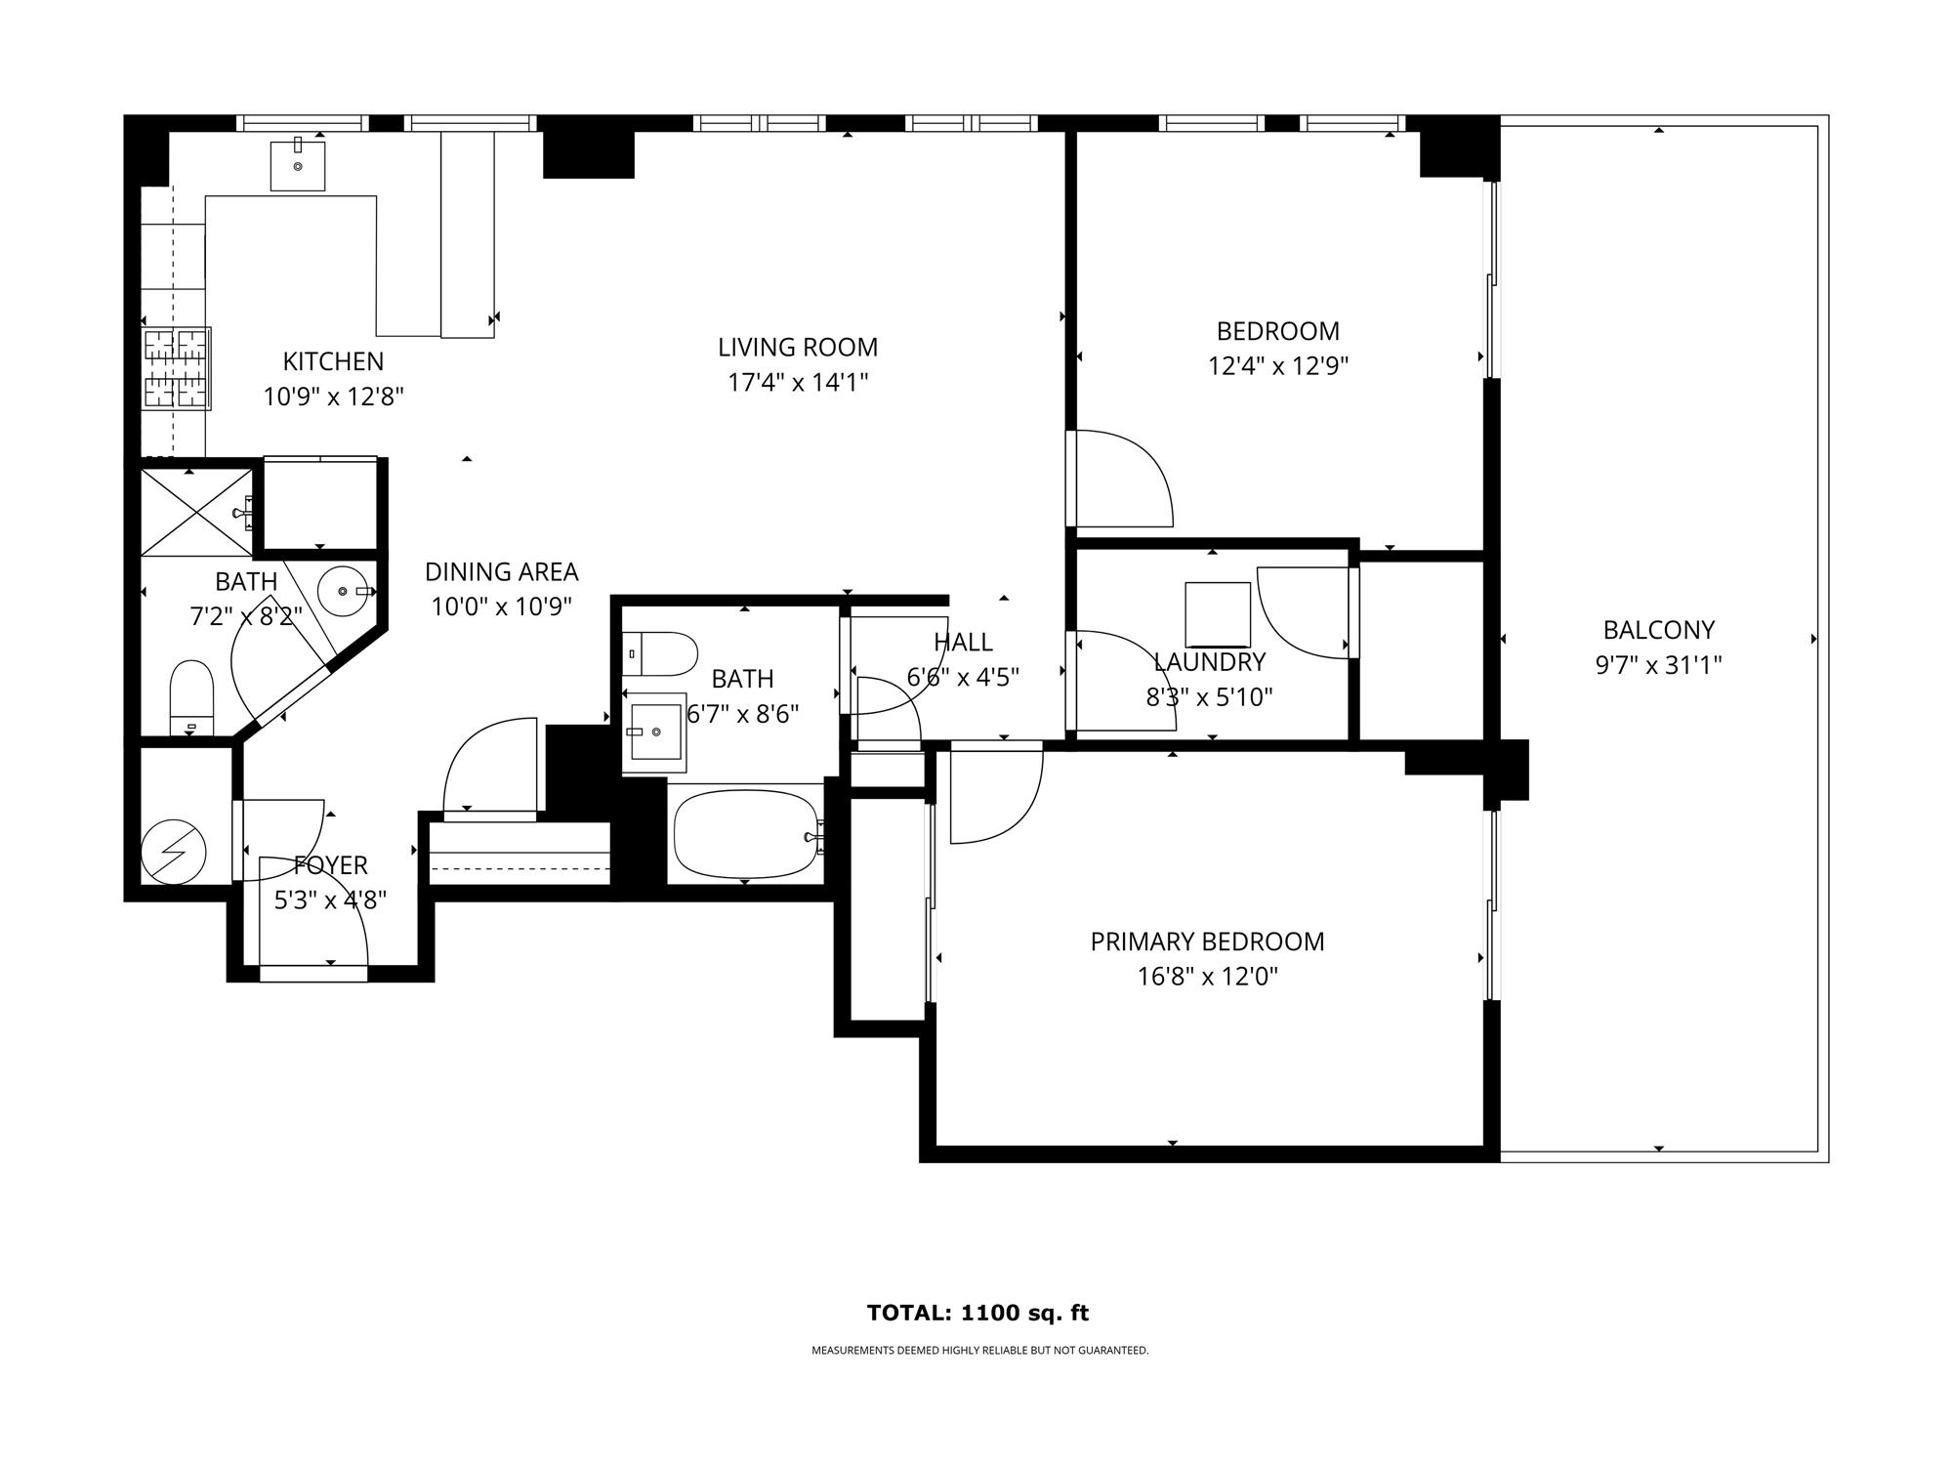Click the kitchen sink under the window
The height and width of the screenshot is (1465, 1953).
coord(298,165)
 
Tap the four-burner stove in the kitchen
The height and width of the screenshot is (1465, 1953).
coord(177,368)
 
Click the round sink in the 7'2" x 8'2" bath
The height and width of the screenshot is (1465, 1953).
coord(345,590)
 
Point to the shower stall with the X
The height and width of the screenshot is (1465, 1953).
coord(197,513)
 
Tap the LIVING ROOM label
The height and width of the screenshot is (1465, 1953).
coord(798,348)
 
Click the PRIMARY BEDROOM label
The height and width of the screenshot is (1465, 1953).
coord(1207,942)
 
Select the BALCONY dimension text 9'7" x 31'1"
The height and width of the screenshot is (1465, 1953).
coord(1658,665)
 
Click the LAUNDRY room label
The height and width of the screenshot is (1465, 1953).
coord(1209,662)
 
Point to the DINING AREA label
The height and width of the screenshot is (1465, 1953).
coord(502,571)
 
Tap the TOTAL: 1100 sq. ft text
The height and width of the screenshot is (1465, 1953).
coord(977,1313)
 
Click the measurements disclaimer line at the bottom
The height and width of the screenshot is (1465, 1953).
coord(979,1351)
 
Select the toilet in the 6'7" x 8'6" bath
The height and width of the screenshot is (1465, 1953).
coord(660,653)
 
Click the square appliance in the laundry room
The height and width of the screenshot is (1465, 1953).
coord(1218,614)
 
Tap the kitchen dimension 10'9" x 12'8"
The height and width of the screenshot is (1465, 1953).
coord(333,397)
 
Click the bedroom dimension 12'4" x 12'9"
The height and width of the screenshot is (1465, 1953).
coord(1278,366)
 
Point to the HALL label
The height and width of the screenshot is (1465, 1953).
coord(963,642)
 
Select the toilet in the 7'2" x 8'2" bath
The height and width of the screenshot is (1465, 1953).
coord(191,697)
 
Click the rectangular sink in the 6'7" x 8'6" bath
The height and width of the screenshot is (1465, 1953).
coord(655,732)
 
